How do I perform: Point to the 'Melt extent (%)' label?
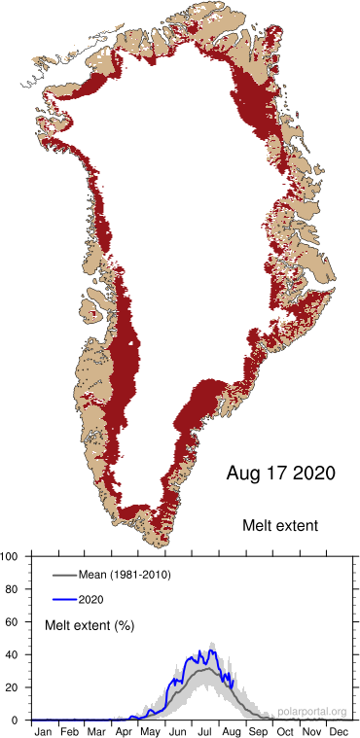pos(90,624)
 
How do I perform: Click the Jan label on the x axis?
pos(44,729)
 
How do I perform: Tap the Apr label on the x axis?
pos(124,729)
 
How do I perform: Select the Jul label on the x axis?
pos(206,729)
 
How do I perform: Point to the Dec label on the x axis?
pos(338,729)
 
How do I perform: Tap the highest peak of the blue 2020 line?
pos(212,648)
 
